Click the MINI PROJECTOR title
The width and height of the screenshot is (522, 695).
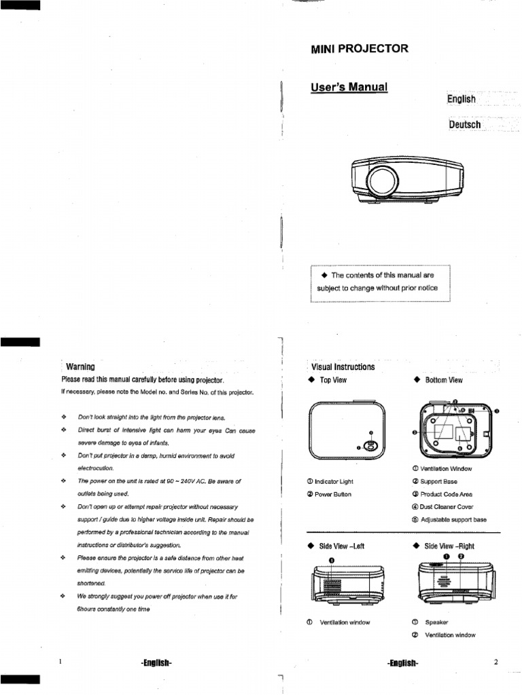click(x=359, y=49)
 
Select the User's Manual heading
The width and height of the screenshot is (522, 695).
click(x=349, y=88)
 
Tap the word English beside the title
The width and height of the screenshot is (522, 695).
click(x=462, y=99)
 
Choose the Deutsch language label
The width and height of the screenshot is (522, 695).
click(x=465, y=125)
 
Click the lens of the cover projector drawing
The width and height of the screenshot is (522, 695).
click(x=379, y=181)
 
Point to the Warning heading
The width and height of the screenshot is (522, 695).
click(x=80, y=367)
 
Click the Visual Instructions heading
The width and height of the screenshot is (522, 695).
click(x=343, y=367)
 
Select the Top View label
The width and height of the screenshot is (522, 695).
click(x=333, y=380)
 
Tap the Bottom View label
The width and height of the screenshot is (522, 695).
click(x=443, y=380)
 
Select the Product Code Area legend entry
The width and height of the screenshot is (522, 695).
click(x=446, y=494)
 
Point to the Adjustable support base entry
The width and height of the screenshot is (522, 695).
click(x=453, y=520)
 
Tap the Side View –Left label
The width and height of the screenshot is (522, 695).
click(x=341, y=546)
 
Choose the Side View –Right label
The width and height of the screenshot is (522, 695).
click(x=449, y=546)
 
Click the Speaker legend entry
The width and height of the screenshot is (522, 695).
click(x=436, y=622)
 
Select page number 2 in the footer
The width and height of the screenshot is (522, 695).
click(x=496, y=662)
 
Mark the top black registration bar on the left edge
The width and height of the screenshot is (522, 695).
click(x=20, y=5)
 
